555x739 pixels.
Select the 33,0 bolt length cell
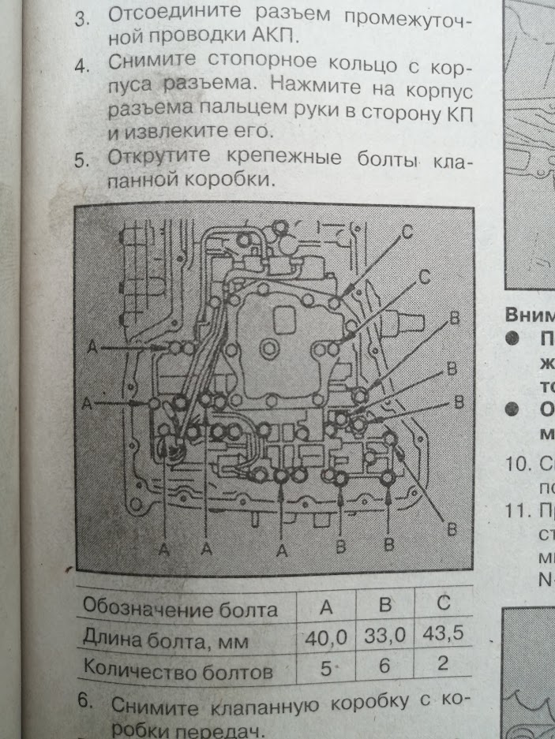[x=383, y=636]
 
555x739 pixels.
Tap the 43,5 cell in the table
[x=443, y=633]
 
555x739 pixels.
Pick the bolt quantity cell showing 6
[x=384, y=666]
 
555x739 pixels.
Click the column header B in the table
[x=384, y=606]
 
